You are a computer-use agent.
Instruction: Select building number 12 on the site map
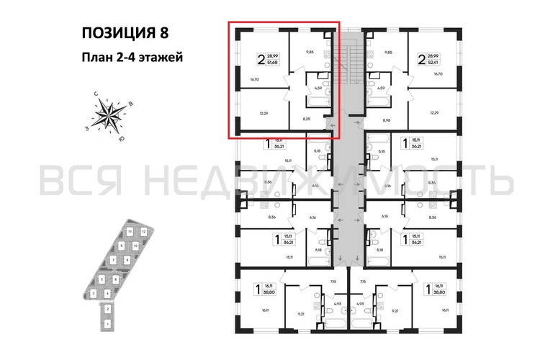(x=143, y=232)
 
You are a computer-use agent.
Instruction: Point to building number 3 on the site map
(x=94, y=294)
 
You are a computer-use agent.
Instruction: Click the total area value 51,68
(x=272, y=63)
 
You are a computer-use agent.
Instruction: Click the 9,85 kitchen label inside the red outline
(x=310, y=52)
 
